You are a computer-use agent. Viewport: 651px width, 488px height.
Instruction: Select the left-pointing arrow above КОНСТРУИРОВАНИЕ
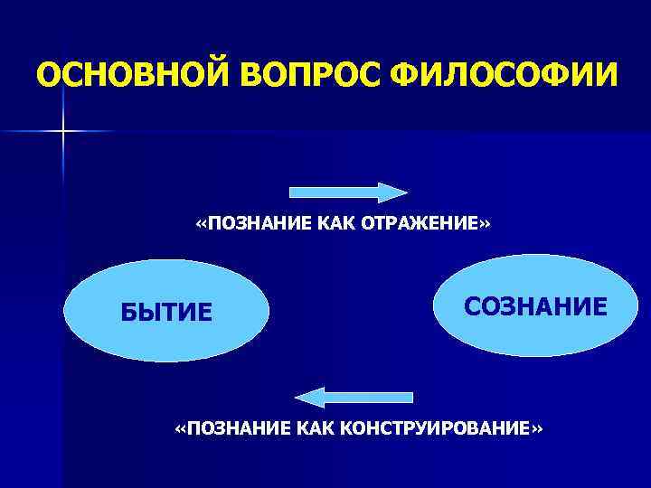pos(354,397)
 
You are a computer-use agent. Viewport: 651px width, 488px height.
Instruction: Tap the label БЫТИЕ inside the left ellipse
pos(167,313)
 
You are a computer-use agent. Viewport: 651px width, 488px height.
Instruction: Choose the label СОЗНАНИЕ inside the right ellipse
pos(536,305)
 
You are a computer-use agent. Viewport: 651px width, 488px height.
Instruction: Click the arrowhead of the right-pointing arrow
pos(393,192)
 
